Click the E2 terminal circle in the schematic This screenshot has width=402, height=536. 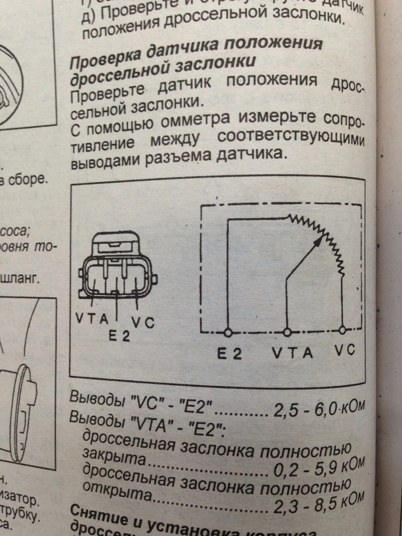(x=228, y=333)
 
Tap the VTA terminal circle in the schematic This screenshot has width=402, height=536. (x=287, y=332)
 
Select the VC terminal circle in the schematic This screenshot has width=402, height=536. (x=343, y=330)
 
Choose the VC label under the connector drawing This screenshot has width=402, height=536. (x=143, y=323)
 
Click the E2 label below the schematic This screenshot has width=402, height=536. (x=229, y=355)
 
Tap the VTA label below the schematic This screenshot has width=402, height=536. (x=292, y=353)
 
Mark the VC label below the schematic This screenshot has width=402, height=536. (x=345, y=350)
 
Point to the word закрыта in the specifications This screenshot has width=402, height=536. (x=114, y=457)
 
